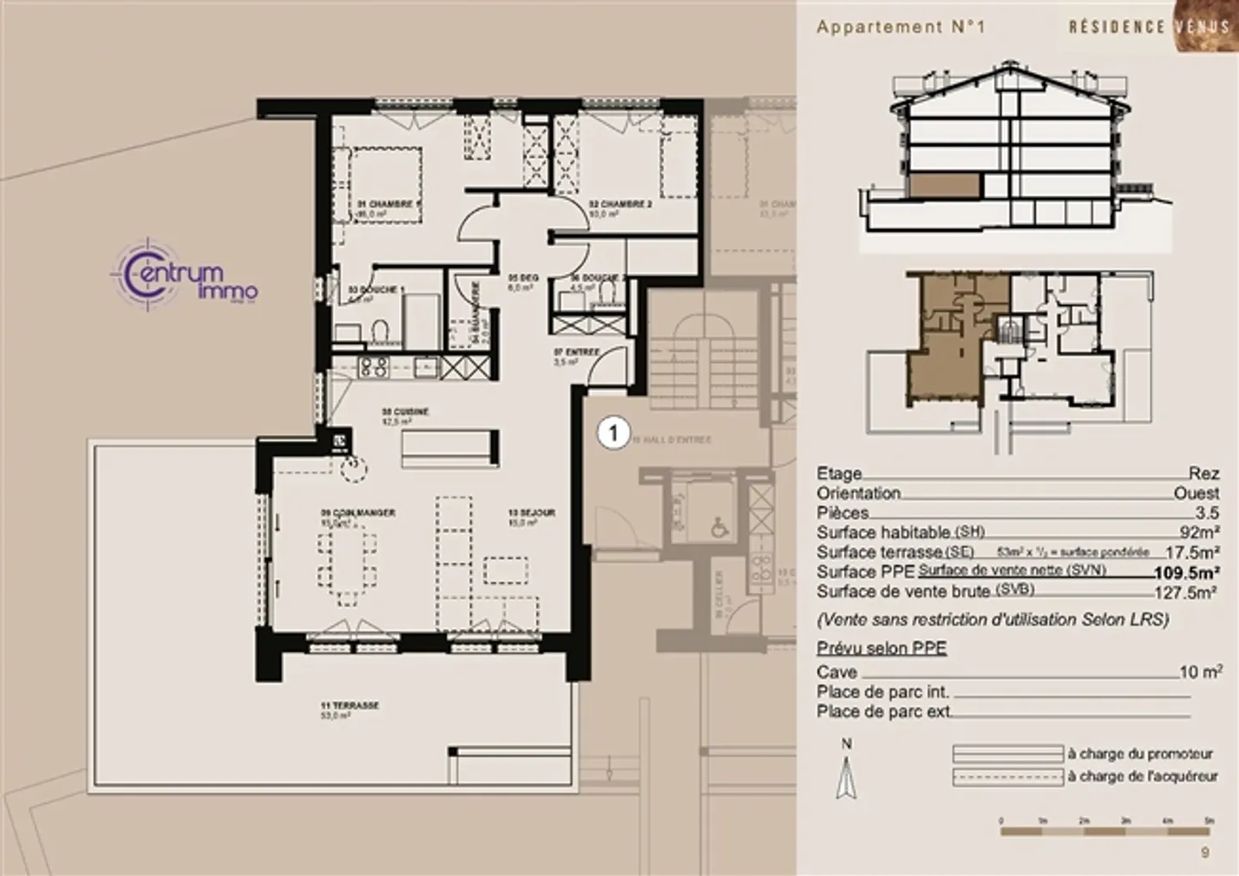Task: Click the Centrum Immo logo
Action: click(184, 278)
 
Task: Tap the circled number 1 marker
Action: click(613, 433)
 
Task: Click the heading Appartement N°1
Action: click(900, 27)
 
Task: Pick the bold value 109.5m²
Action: click(1187, 573)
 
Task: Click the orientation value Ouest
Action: click(1196, 494)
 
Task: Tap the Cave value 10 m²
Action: click(1201, 672)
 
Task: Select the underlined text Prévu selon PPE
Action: click(881, 648)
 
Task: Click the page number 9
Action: click(1205, 854)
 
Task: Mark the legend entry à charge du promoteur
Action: click(1140, 754)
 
